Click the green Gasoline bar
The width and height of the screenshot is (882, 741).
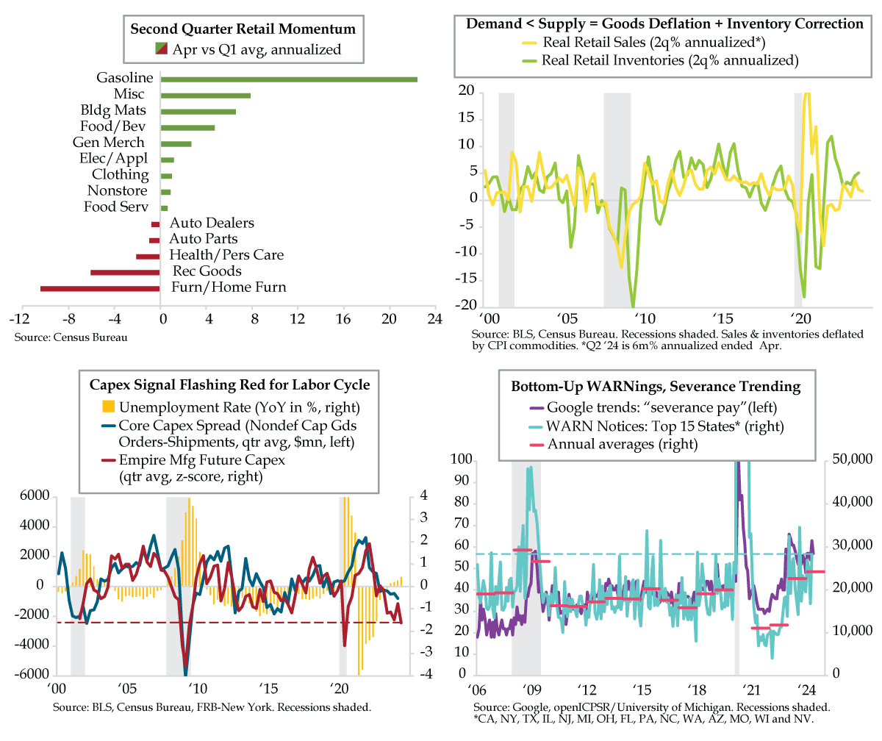click(x=289, y=79)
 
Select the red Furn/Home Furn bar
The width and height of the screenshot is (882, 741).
click(x=100, y=288)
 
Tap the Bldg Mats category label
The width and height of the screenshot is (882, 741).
click(x=113, y=110)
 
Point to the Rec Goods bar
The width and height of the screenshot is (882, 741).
click(x=125, y=272)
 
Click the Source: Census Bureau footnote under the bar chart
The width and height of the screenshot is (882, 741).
click(x=71, y=337)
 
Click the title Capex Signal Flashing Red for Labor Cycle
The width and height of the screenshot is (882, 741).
click(x=230, y=384)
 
